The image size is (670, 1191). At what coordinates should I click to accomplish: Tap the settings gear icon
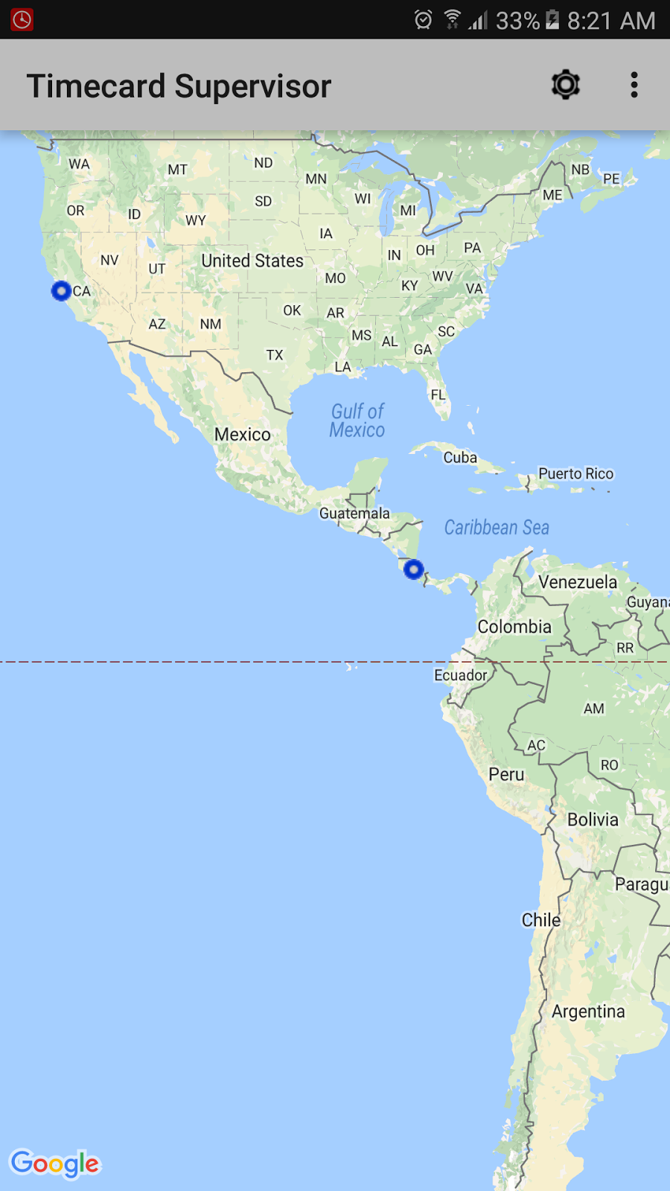pos(566,85)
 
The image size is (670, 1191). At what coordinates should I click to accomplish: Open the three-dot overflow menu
pos(634,85)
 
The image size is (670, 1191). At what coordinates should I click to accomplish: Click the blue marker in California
pos(61,291)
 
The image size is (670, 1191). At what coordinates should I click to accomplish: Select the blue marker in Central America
pos(414,570)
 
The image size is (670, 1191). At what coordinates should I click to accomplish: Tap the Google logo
pos(55,1163)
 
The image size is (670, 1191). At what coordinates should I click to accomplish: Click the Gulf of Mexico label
pos(357,421)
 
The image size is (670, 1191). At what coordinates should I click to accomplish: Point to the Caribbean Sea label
pos(497,528)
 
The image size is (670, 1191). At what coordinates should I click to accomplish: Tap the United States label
pos(252,261)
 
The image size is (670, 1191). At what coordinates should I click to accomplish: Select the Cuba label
pos(460,458)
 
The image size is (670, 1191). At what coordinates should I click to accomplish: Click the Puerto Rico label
pos(575,473)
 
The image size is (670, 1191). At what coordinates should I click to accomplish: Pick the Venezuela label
pos(578,582)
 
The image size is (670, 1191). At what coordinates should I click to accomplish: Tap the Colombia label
pos(514,627)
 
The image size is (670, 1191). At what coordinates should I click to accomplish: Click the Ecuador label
pos(461,675)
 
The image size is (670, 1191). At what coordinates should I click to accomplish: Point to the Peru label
pos(506,774)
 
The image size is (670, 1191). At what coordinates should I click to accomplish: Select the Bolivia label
pos(593,820)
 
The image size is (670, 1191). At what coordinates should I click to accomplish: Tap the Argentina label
pos(588,1012)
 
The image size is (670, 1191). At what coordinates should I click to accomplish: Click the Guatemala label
pos(354,514)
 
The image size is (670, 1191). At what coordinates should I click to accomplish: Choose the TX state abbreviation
pos(275,355)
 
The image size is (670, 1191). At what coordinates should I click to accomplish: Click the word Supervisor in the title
pos(253,86)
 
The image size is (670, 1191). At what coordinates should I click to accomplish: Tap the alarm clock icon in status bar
pos(423,20)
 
